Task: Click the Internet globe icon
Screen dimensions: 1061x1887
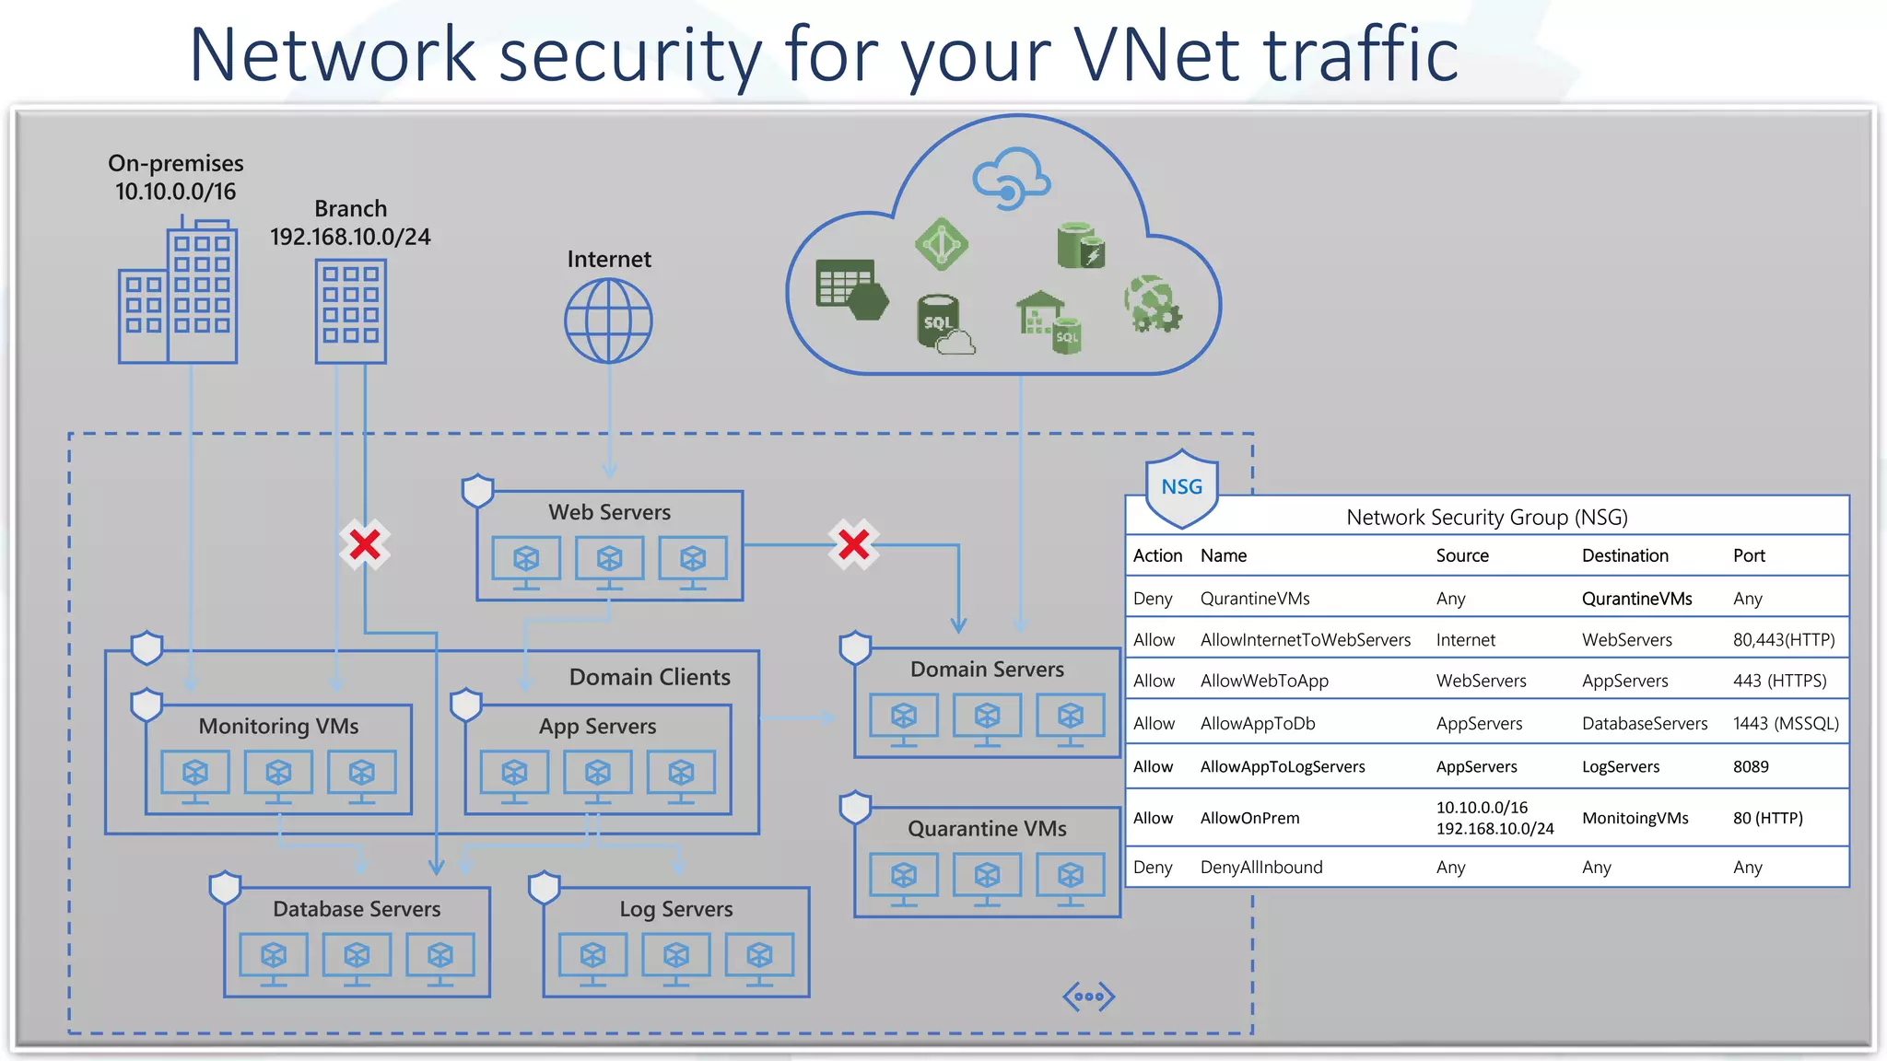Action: [x=608, y=321]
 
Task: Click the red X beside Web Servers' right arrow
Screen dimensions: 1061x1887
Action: [x=853, y=544]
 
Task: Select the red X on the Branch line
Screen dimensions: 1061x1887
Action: [x=365, y=544]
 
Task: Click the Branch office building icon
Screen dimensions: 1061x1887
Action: [x=350, y=311]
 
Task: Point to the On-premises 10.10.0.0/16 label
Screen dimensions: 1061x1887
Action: [x=175, y=177]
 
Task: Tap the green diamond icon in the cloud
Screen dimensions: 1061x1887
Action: [x=941, y=245]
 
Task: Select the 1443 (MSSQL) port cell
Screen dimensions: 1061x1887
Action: [x=1785, y=723]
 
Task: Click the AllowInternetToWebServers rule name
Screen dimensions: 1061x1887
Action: [x=1305, y=639]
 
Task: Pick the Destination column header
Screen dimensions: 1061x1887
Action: [x=1624, y=555]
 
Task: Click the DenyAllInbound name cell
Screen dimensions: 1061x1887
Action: [x=1260, y=867]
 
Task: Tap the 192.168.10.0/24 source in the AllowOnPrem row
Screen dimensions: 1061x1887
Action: [x=1494, y=829]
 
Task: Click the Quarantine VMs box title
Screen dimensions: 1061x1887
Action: [x=987, y=828]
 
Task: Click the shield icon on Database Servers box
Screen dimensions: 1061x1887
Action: [x=225, y=888]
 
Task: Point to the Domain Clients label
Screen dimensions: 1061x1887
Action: [x=649, y=677]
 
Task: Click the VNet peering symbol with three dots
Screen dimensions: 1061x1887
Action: [x=1088, y=996]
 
